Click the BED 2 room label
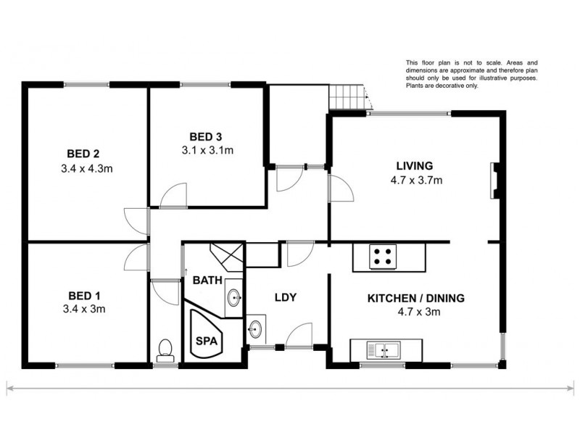[83, 153]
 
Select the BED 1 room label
[83, 295]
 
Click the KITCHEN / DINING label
[415, 298]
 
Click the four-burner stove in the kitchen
[384, 256]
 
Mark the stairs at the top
[347, 96]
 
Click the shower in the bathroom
[228, 256]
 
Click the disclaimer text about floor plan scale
[471, 75]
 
